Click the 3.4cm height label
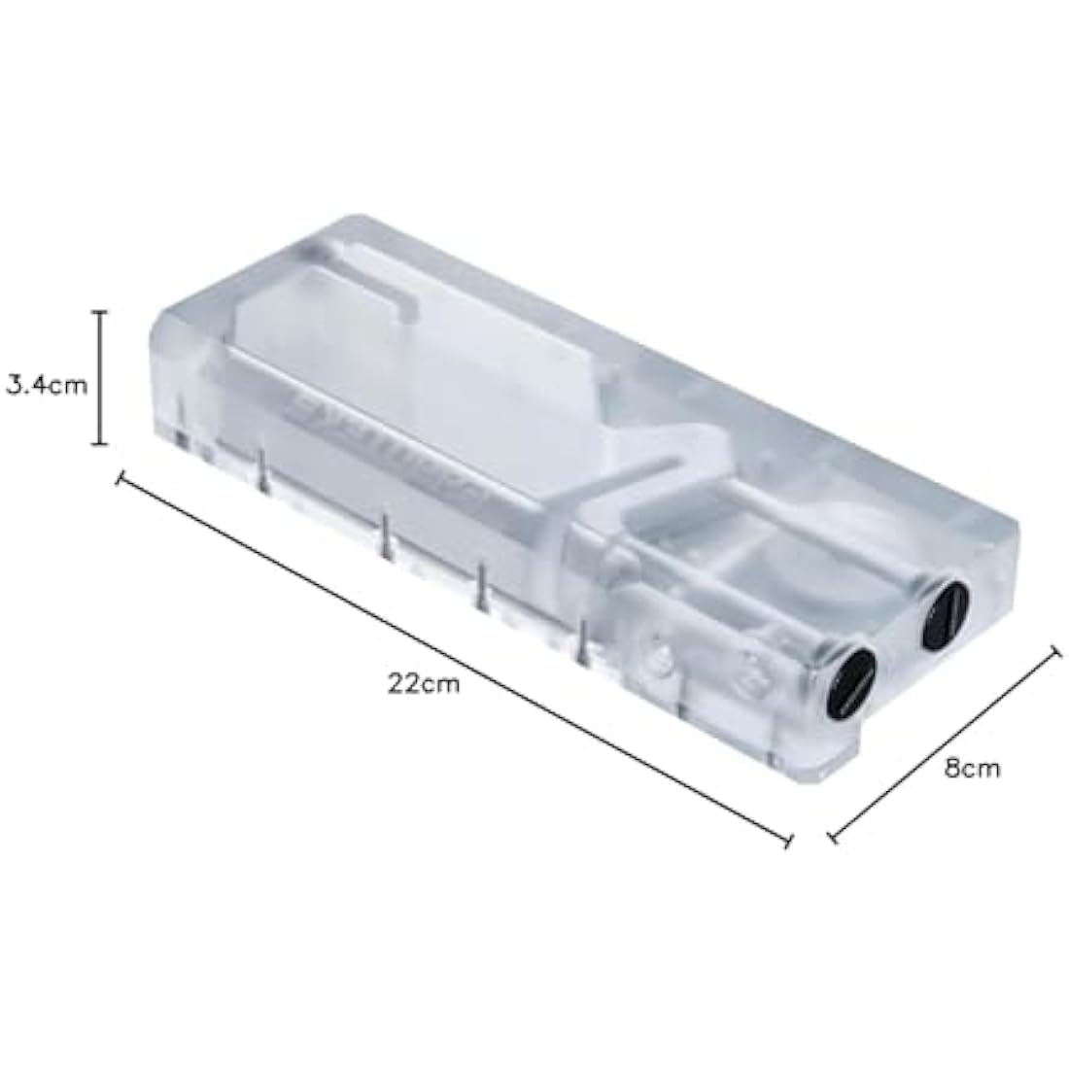[x=47, y=385]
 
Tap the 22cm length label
[x=424, y=682]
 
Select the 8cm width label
[x=972, y=768]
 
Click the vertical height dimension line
[x=98, y=378]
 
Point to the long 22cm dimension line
[x=454, y=661]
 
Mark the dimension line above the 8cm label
[x=944, y=744]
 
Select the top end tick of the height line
[x=98, y=312]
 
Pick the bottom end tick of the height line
[x=98, y=444]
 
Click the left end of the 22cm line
[x=121, y=479]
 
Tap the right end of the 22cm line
[x=788, y=842]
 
